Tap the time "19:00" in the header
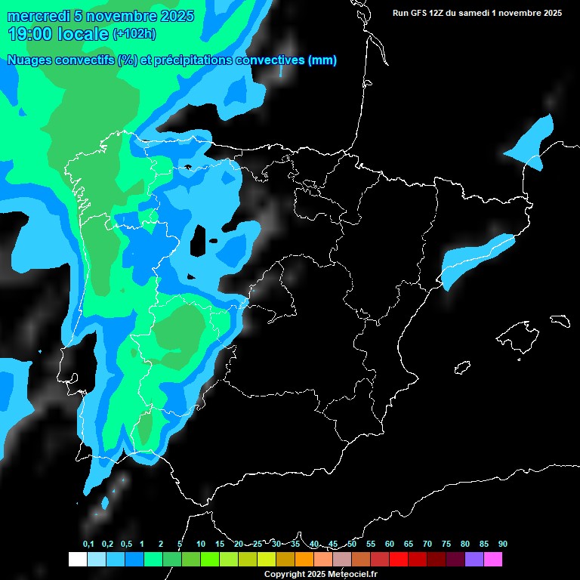(x=30, y=34)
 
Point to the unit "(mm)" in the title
(x=322, y=60)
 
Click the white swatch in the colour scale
(x=77, y=559)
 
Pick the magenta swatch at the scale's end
(x=493, y=559)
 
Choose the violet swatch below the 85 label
(x=474, y=559)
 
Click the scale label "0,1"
(x=88, y=545)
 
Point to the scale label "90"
(x=503, y=545)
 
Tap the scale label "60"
(x=390, y=545)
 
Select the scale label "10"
(x=201, y=545)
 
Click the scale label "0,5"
(x=126, y=545)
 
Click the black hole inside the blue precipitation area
(x=199, y=241)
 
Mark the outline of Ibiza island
(x=461, y=369)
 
